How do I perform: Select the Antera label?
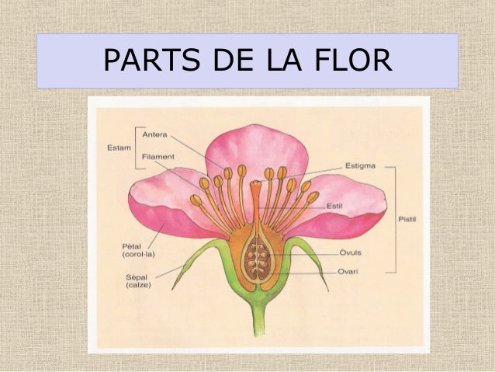(155, 134)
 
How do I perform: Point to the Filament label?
(158, 156)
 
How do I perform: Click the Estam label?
(118, 145)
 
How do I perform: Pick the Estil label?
(334, 206)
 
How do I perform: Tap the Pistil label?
(407, 219)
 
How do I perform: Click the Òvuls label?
(350, 252)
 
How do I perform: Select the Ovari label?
(349, 272)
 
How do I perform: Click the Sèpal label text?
(137, 276)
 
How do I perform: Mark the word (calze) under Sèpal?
(138, 285)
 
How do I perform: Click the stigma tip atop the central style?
(256, 185)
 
